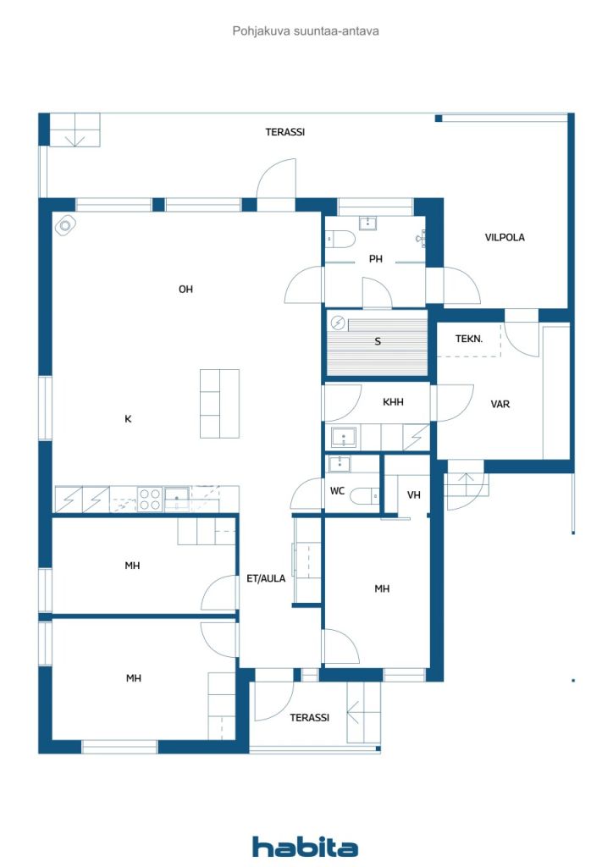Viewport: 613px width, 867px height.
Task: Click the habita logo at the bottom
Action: [x=305, y=847]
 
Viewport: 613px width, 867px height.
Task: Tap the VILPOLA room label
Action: [x=505, y=237]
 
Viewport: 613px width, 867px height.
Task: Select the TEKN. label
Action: [x=469, y=339]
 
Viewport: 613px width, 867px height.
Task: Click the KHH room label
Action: [x=393, y=402]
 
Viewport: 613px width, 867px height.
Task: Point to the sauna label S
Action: [x=378, y=341]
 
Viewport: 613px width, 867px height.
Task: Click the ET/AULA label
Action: [x=266, y=578]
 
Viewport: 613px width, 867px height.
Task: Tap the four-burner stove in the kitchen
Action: [x=149, y=499]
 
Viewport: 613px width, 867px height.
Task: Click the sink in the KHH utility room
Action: [x=344, y=438]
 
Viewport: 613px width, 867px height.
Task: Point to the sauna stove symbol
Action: [x=338, y=323]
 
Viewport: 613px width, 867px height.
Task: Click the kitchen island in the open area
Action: [x=219, y=404]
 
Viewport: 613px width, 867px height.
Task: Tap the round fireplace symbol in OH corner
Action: [x=65, y=225]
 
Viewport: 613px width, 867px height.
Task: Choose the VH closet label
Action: [x=413, y=494]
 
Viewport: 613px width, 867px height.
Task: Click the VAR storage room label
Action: [x=500, y=404]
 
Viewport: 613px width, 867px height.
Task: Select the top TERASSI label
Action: [x=285, y=132]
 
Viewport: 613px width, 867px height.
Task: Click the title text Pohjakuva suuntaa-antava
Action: [x=306, y=31]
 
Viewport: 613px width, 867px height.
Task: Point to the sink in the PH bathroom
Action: [x=367, y=223]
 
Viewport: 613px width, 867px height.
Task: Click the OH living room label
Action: [x=185, y=290]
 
